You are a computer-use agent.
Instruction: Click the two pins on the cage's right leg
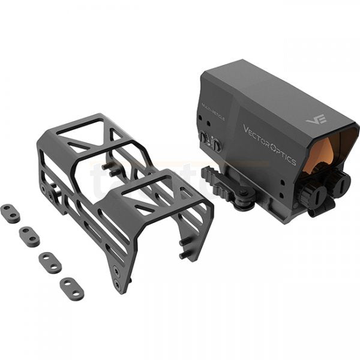tap(185, 250)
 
